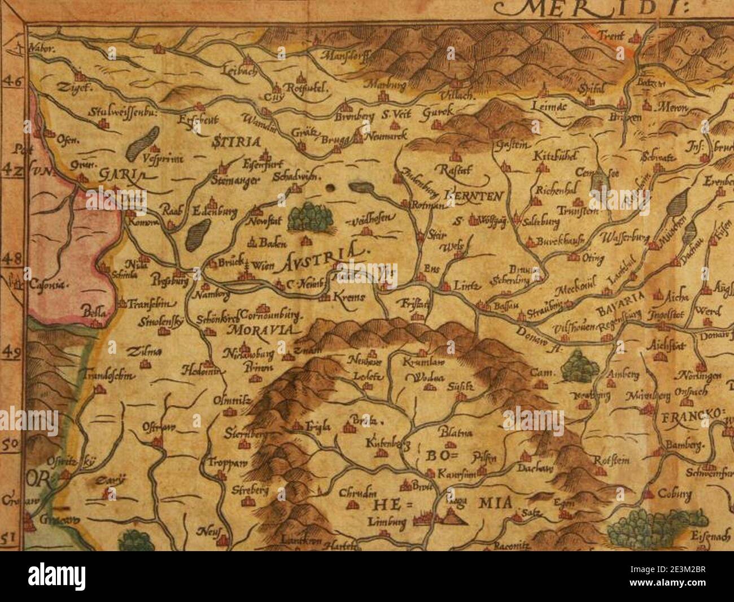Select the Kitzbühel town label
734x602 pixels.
553,156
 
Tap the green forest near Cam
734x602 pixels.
580,366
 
